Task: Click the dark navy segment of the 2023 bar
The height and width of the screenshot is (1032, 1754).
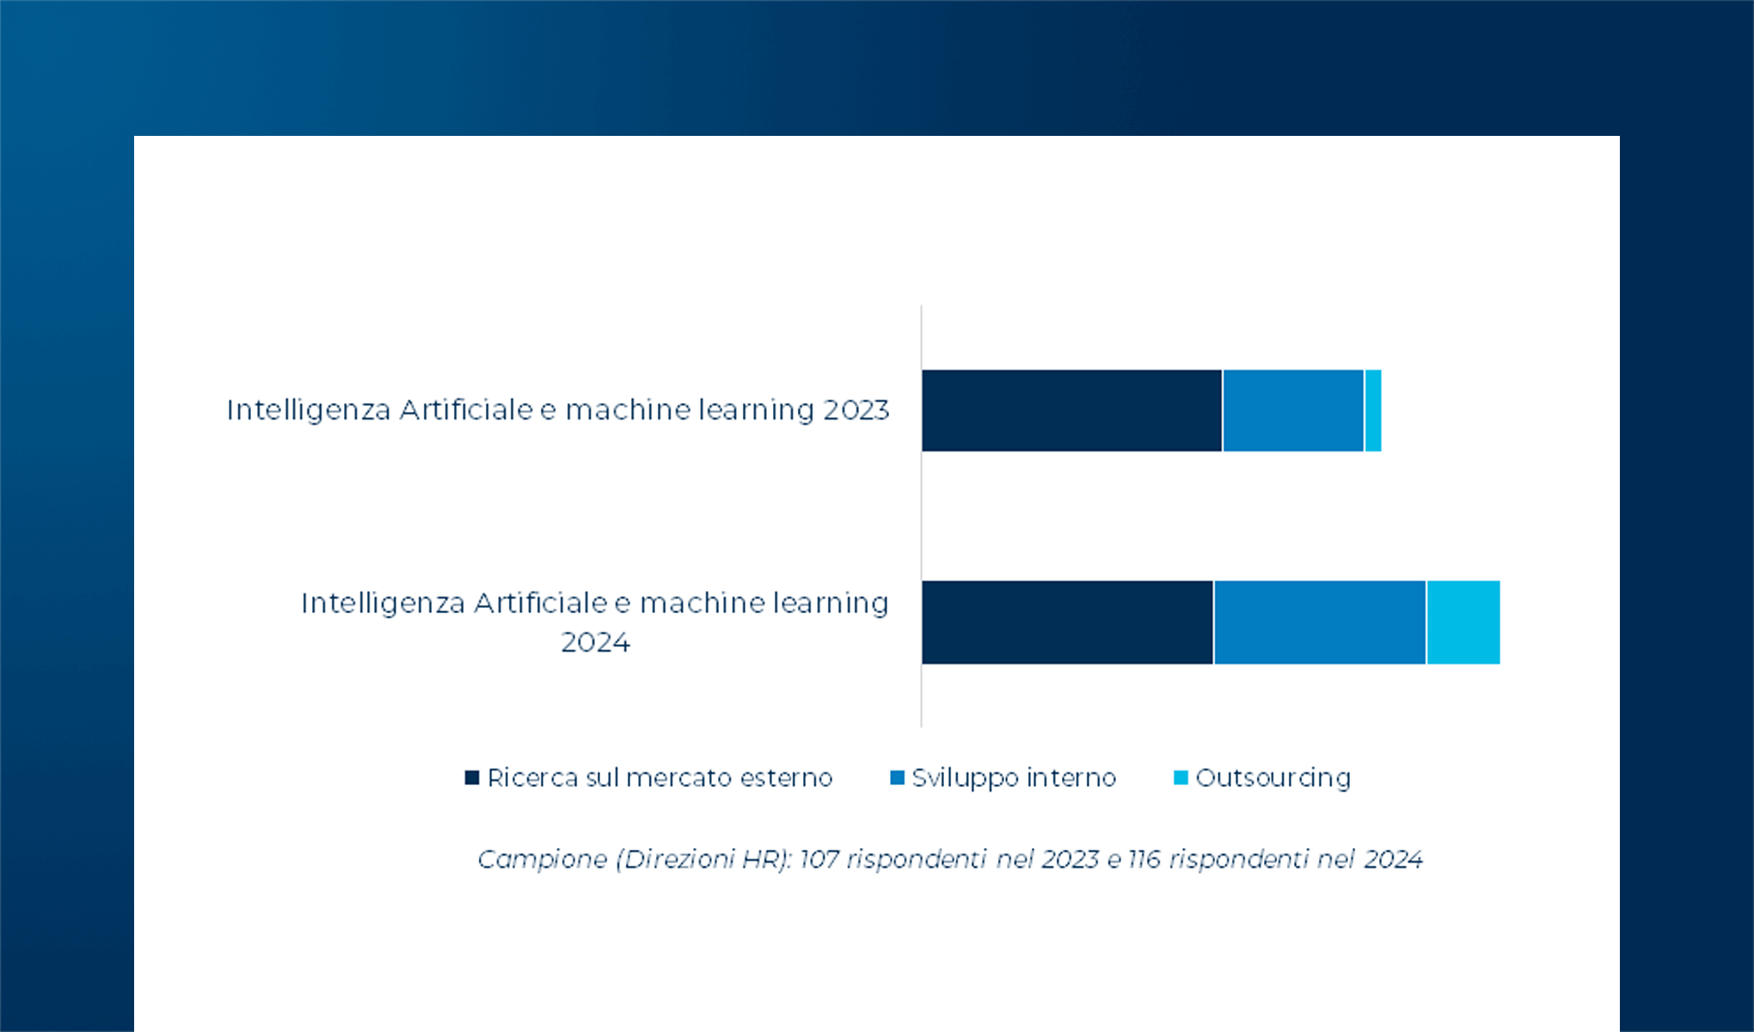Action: point(1071,410)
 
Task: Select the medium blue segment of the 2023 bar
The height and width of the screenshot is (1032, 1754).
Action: point(1293,410)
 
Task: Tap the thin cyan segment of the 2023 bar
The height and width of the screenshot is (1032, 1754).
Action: point(1373,410)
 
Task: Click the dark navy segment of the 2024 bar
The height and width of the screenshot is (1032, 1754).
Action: point(1067,622)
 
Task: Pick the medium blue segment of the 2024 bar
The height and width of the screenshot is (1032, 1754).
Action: point(1320,622)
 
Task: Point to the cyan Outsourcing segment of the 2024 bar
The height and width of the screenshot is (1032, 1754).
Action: point(1463,622)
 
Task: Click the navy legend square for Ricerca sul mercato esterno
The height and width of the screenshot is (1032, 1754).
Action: point(471,777)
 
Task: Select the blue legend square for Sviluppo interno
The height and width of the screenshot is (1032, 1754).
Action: point(897,777)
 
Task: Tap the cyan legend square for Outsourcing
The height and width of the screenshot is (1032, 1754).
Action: point(1181,777)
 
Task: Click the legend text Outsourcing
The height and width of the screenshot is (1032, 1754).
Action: point(1273,777)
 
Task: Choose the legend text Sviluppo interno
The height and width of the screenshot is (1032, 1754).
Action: point(1014,777)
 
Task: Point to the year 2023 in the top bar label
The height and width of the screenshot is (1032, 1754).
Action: point(856,410)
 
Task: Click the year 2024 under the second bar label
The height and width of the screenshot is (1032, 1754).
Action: point(595,642)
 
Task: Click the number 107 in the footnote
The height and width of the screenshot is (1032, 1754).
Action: point(819,859)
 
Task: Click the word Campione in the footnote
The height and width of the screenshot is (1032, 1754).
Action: point(543,859)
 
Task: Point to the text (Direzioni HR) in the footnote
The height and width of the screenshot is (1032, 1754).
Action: point(703,859)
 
